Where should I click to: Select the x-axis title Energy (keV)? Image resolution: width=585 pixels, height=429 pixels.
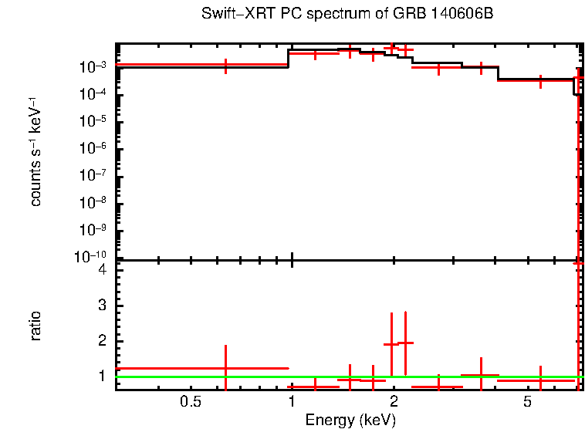point(350,420)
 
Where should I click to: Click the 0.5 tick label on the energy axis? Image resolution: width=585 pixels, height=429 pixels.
point(190,401)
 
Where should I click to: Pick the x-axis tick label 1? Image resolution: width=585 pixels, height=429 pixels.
point(292,401)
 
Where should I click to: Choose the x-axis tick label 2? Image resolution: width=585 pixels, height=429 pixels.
point(394,401)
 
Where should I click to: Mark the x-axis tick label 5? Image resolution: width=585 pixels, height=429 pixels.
point(528,401)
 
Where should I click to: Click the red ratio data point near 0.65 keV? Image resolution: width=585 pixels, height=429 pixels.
point(225,369)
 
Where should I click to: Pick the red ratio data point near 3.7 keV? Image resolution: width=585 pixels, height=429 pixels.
point(481,375)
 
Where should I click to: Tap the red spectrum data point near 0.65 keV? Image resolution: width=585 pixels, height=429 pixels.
point(225,66)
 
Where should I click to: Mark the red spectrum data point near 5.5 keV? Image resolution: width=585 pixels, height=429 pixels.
point(540,79)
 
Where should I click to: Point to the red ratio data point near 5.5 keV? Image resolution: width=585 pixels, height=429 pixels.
point(540,380)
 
